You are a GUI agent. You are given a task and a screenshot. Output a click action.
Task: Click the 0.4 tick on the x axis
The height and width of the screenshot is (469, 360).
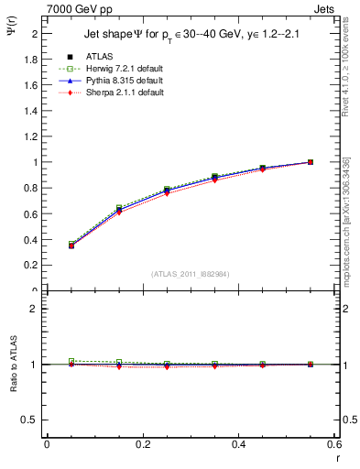tap(238, 445)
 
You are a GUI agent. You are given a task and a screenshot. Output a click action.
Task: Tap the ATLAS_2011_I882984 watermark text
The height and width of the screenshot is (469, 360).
tap(191, 275)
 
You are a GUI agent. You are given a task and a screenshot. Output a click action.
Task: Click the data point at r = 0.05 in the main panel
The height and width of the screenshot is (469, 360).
tap(71, 245)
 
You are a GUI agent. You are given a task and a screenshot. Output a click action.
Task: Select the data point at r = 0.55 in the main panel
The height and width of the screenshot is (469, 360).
tap(311, 162)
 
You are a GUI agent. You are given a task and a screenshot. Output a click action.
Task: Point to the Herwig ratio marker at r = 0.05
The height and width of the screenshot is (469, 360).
tap(71, 361)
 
